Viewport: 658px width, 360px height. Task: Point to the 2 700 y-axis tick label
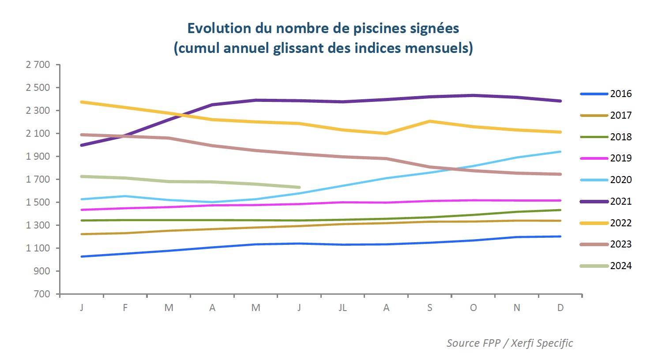point(38,65)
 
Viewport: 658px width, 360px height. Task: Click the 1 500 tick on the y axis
point(38,202)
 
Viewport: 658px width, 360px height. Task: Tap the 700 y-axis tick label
point(42,294)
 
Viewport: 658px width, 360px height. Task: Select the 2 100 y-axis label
point(38,133)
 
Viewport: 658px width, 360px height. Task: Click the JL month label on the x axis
point(342,307)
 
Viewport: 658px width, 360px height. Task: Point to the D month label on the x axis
point(560,307)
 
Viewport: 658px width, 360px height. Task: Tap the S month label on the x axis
point(430,307)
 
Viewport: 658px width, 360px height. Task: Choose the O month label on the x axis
point(473,307)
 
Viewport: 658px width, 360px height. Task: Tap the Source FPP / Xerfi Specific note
point(510,343)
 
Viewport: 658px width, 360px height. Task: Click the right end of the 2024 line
point(300,187)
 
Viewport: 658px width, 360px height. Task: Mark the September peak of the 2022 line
point(430,121)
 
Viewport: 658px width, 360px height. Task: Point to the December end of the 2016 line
point(560,236)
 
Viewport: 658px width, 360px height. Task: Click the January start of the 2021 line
point(82,145)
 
